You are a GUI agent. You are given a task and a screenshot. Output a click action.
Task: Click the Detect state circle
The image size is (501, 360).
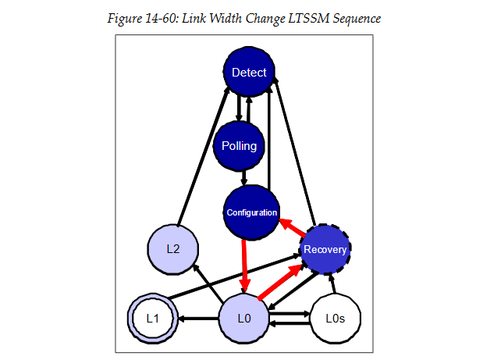point(249,73)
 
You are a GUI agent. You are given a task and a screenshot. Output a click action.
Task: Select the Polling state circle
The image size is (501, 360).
point(239,146)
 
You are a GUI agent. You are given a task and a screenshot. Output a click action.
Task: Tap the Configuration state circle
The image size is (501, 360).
point(251,212)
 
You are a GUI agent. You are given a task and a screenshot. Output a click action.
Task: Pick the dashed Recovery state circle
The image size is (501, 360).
point(325,250)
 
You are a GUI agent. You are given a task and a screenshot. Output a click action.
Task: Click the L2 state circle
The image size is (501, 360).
point(174,250)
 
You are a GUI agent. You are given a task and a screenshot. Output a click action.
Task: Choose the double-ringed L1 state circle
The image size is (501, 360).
point(152,319)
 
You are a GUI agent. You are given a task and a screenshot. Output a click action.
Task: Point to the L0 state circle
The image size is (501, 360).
point(243,319)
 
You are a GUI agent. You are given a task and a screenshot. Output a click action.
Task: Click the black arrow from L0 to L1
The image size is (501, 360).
point(199,319)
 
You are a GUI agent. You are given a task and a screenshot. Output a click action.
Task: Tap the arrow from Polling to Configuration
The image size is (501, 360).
point(244,179)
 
